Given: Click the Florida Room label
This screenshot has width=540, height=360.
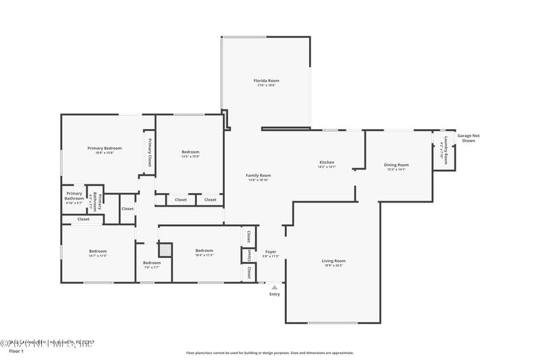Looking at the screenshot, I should (266, 80).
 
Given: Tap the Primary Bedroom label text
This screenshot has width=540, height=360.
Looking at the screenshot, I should (105, 148).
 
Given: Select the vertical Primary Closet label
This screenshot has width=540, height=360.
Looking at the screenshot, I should (149, 151).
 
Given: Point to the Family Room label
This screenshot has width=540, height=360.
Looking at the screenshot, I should (258, 176).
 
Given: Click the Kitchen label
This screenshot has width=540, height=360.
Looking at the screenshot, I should (327, 162).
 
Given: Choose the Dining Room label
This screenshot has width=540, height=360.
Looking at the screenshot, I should (396, 165).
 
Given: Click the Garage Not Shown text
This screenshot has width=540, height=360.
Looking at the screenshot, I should (468, 138).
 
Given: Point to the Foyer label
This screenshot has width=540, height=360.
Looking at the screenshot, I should (271, 252).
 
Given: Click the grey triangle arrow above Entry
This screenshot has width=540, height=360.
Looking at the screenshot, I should (274, 287).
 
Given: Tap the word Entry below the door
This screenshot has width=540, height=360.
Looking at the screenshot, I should (275, 294).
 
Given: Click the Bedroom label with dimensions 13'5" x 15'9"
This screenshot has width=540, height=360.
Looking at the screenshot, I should (190, 152).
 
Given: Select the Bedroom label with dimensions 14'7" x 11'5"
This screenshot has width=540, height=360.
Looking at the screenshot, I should (98, 251).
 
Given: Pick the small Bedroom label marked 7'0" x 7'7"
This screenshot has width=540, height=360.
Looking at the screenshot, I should (152, 263).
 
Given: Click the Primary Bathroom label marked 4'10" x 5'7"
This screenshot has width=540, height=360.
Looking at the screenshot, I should (74, 196).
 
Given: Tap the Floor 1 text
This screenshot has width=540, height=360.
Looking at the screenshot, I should (16, 351).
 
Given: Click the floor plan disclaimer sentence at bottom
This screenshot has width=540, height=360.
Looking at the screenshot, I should (269, 353).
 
